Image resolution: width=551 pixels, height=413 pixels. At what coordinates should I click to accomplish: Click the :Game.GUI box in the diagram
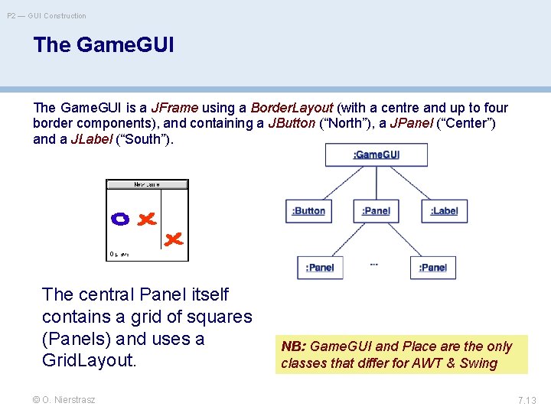[x=375, y=155]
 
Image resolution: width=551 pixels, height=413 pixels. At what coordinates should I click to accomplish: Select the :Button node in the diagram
[x=308, y=211]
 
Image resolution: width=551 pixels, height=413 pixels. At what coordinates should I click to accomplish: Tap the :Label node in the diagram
[x=444, y=211]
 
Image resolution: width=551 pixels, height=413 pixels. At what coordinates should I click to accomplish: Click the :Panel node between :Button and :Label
[x=376, y=211]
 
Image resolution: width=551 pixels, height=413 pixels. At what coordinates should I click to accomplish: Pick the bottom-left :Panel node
[x=320, y=268]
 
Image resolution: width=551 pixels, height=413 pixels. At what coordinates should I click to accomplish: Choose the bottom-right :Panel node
[x=432, y=268]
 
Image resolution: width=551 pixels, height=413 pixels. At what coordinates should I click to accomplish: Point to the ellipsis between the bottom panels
[x=374, y=264]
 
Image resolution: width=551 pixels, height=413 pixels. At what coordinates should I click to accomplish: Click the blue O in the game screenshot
[x=120, y=219]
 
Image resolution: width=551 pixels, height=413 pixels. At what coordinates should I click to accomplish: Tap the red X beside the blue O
[x=145, y=219]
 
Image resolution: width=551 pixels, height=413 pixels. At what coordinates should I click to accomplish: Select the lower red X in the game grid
[x=174, y=239]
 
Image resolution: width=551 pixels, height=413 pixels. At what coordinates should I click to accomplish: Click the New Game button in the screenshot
[x=147, y=184]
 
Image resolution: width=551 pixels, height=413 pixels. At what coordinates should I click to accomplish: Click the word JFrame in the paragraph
[x=175, y=108]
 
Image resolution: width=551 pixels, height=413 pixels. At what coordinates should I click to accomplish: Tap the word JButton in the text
[x=291, y=123]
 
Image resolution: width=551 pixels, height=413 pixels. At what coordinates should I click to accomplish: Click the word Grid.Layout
[x=89, y=359]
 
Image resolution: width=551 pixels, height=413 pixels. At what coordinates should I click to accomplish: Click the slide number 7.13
[x=527, y=400]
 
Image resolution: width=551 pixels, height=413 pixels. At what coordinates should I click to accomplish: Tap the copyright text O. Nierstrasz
[x=64, y=400]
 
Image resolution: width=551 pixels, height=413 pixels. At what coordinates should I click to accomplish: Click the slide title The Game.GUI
[x=104, y=45]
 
